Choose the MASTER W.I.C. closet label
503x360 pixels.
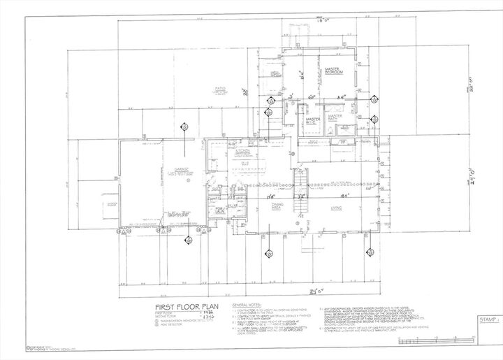pos(312,121)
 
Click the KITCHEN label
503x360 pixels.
pos(242,150)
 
